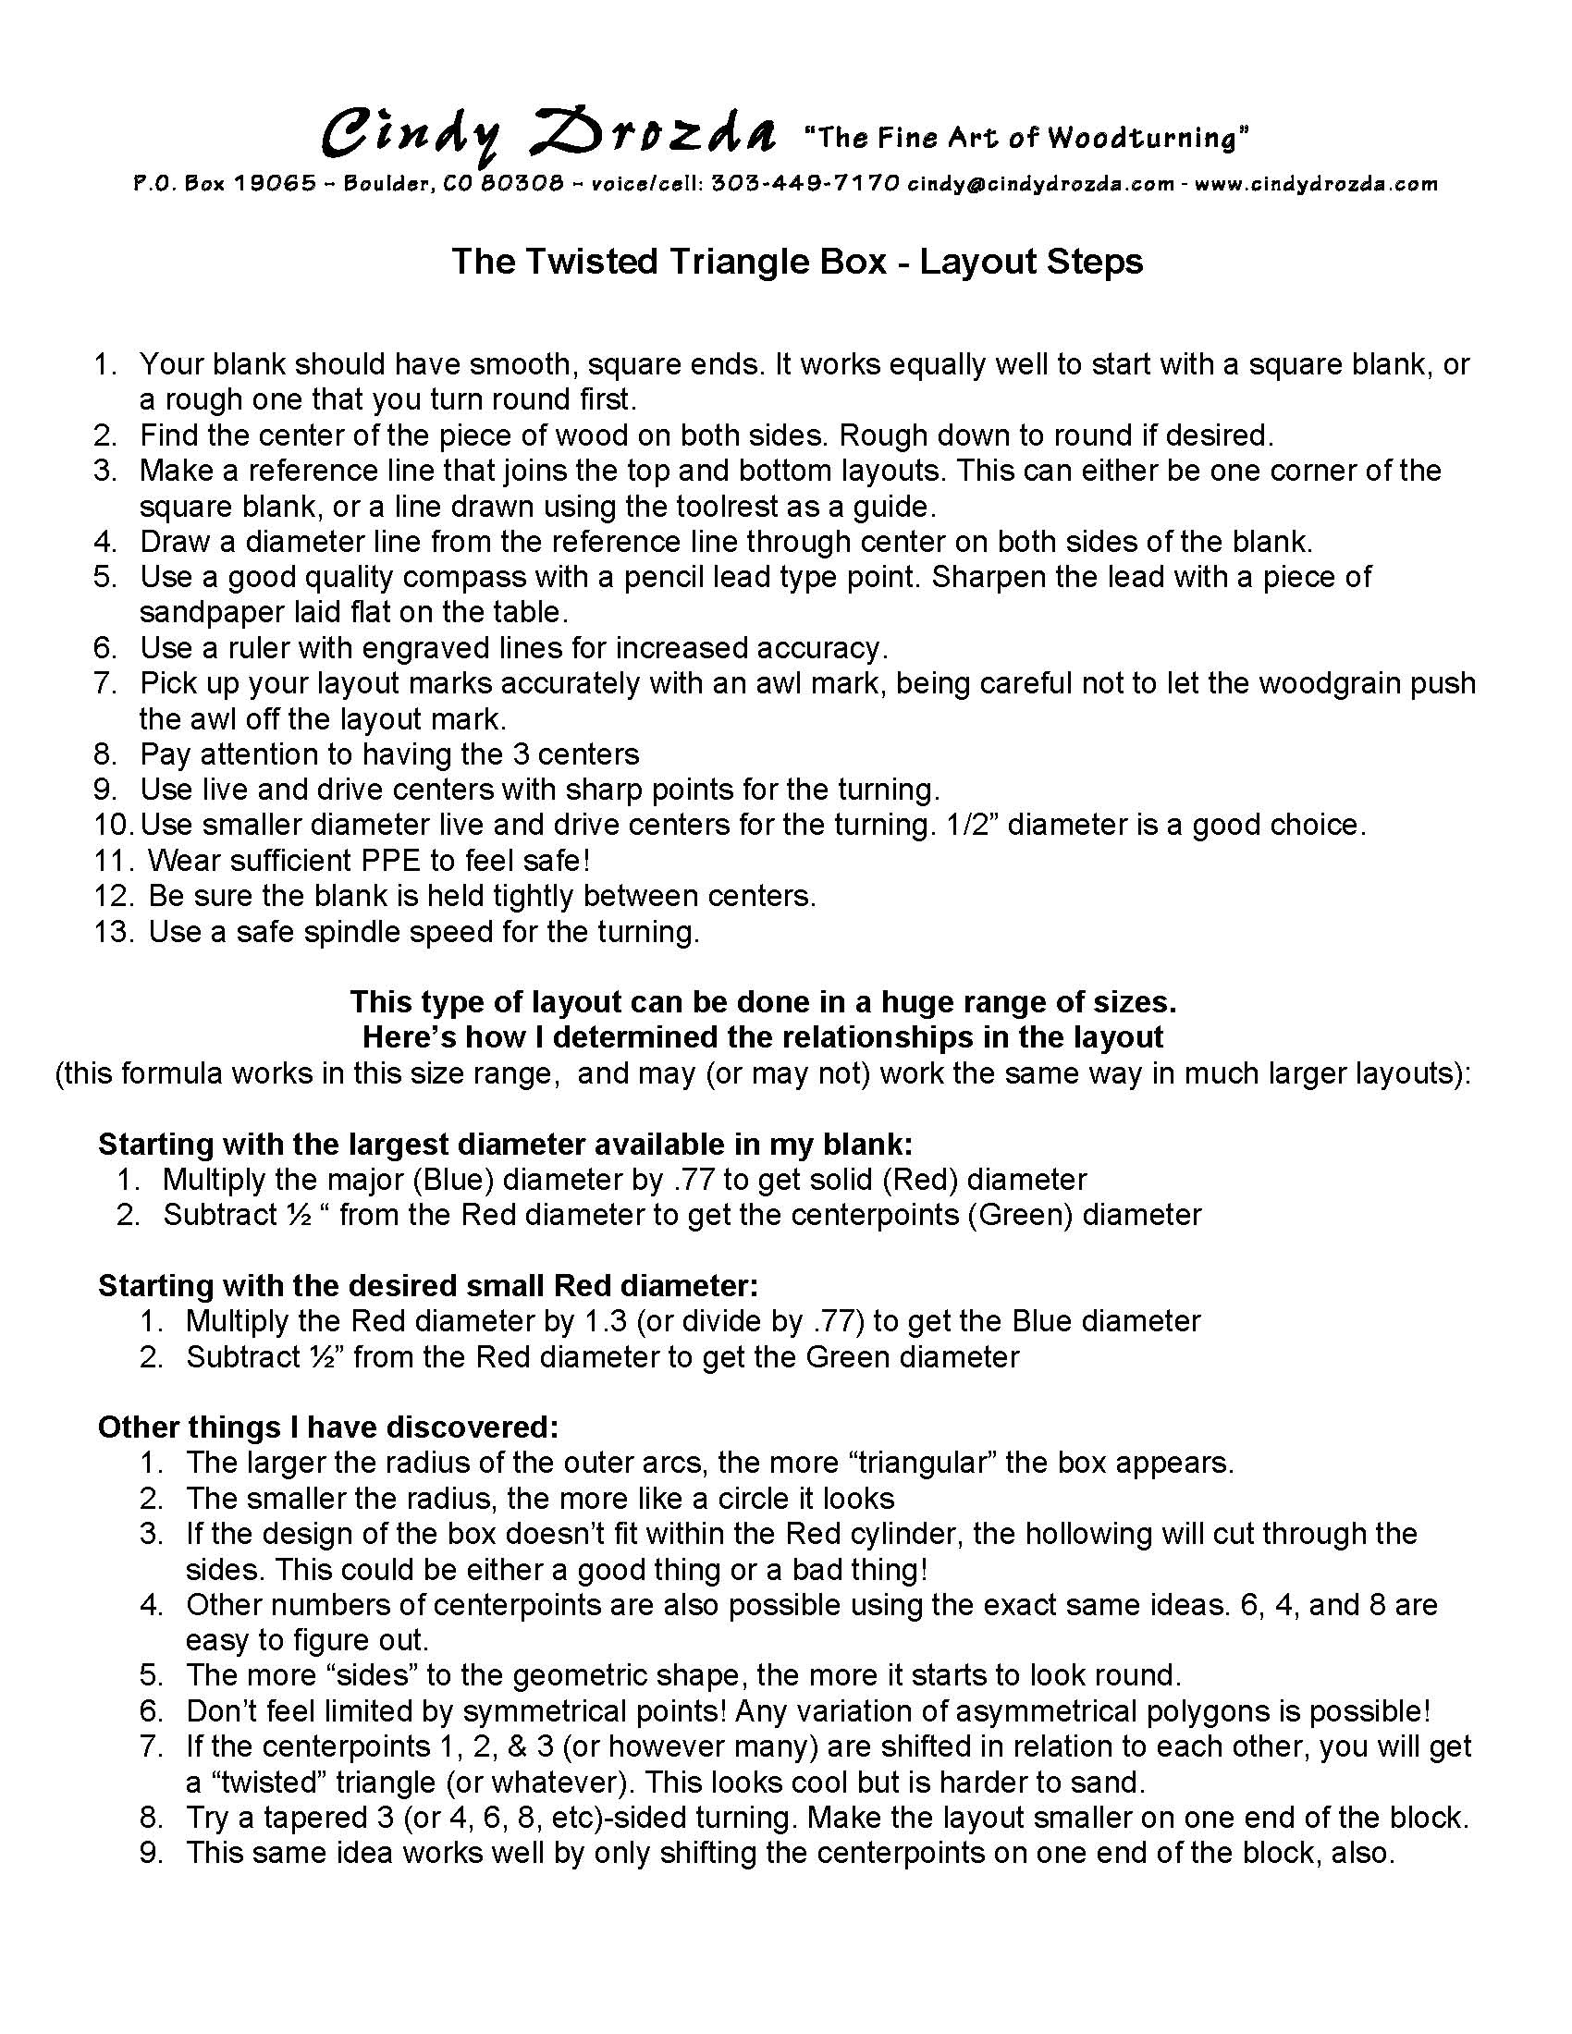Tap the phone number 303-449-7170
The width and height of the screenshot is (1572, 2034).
pos(804,183)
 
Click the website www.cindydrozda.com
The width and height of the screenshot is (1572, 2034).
pos(1316,183)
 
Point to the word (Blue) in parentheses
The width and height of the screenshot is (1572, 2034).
pos(456,1180)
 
